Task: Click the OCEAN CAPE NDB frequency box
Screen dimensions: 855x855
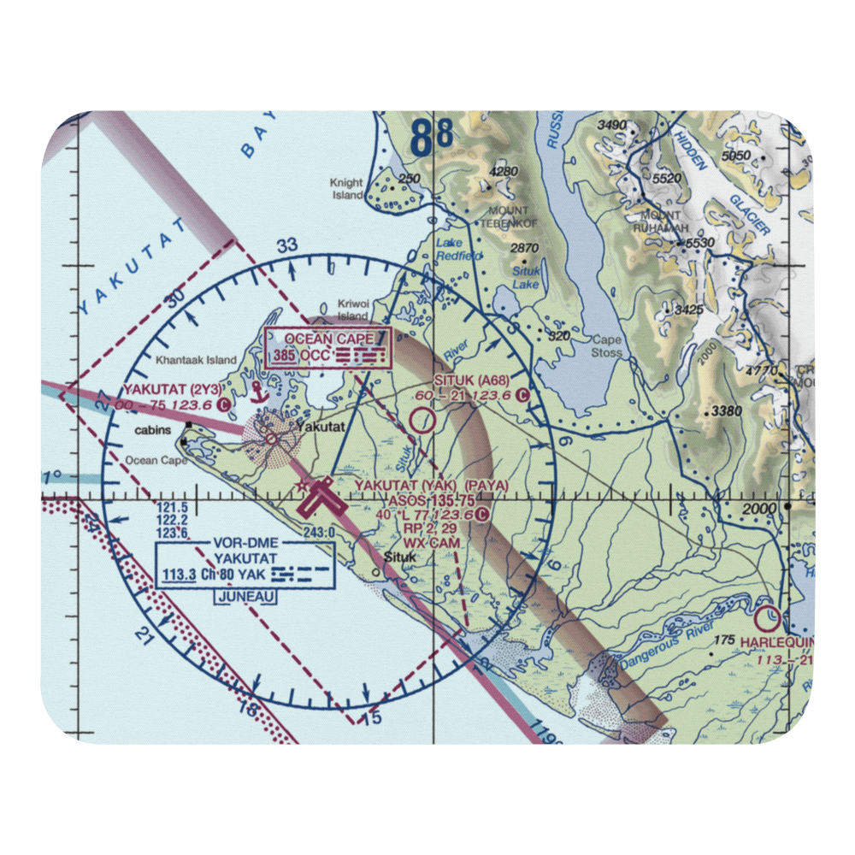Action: click(328, 348)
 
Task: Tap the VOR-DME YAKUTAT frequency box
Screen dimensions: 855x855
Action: click(245, 564)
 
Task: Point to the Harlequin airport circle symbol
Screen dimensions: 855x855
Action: click(767, 616)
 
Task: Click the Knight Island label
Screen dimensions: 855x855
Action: click(347, 189)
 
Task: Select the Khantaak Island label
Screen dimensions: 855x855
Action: click(195, 360)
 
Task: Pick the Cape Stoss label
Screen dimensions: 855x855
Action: click(607, 345)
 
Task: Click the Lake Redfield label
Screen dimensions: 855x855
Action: click(459, 249)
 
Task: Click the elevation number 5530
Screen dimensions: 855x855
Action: click(699, 243)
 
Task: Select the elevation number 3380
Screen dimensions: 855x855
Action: click(725, 411)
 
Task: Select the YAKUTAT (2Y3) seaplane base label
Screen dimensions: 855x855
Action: click(174, 388)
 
